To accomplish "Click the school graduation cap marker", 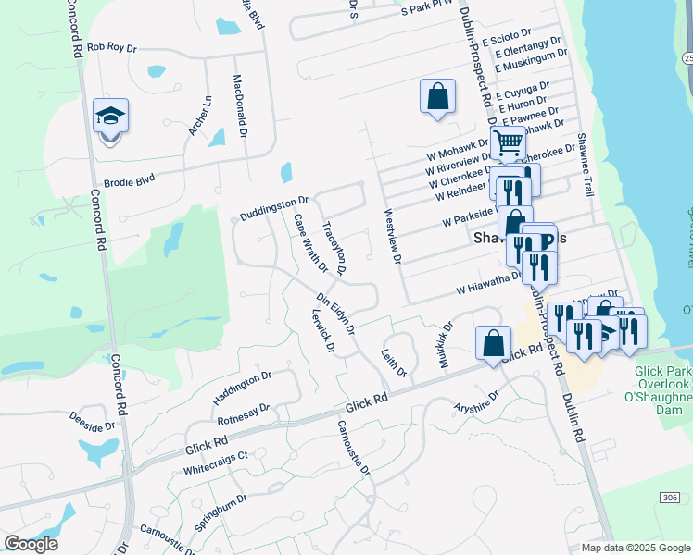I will [110, 117].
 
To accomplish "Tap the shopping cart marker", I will [508, 143].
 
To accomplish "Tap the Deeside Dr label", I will [92, 421].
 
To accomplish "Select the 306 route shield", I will [671, 498].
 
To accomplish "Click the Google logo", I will [31, 543].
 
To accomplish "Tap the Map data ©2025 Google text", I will [635, 548].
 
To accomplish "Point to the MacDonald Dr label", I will [241, 106].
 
